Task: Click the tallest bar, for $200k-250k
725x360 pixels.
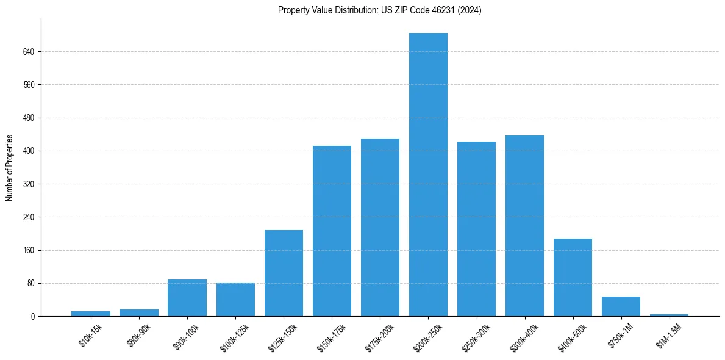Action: (428, 175)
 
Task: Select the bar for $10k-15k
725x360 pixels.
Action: (91, 314)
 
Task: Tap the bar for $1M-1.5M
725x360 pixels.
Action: (669, 315)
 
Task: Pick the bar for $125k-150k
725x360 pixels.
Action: (284, 273)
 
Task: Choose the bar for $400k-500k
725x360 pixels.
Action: (573, 277)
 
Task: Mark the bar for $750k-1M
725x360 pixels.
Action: (621, 306)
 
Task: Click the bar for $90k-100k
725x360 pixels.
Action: (187, 298)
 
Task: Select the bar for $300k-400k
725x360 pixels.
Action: (524, 226)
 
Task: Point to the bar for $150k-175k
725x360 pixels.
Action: (332, 231)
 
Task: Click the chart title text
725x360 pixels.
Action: (379, 10)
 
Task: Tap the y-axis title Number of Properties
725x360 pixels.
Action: (10, 167)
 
